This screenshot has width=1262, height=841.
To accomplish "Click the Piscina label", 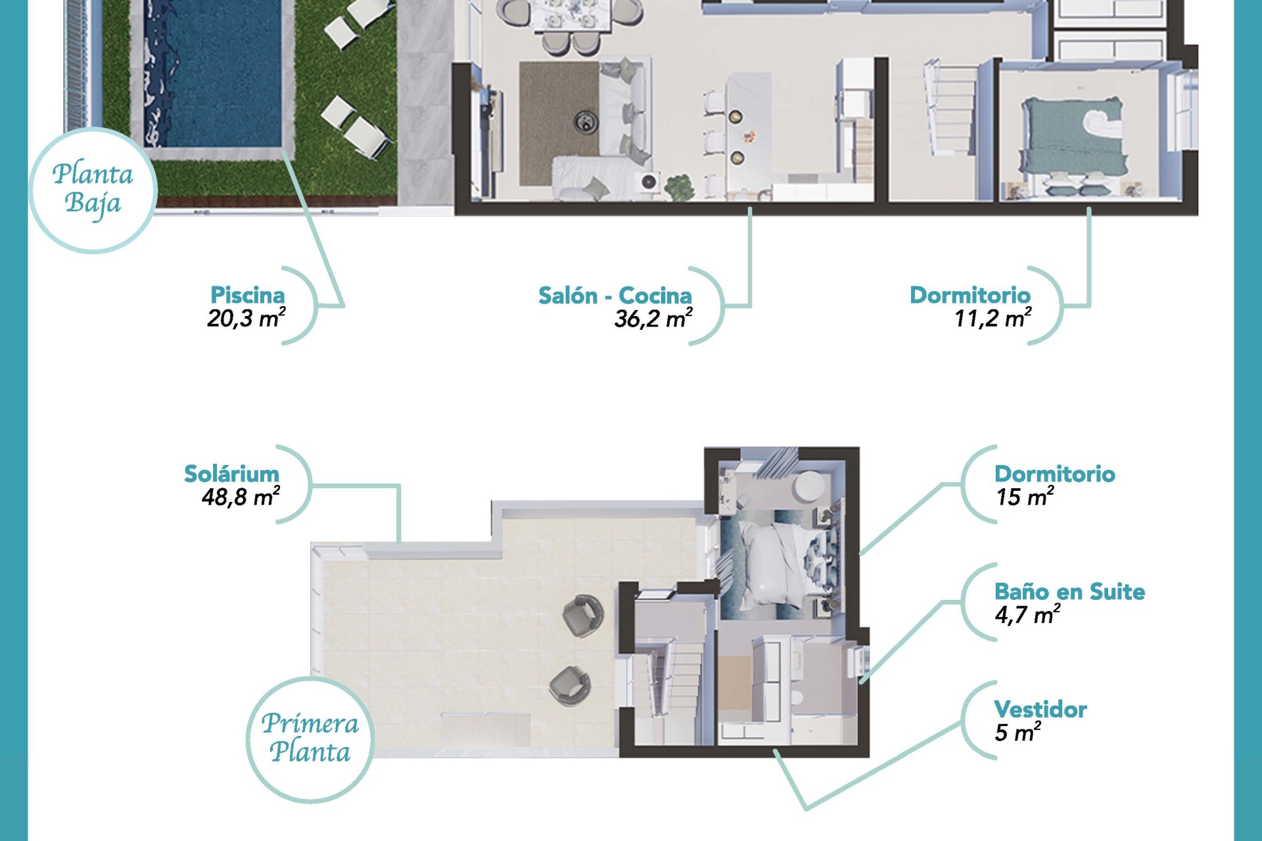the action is coord(248,295).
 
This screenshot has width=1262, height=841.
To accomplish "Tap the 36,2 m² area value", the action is coord(653,319).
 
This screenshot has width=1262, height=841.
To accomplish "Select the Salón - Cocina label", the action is coord(615,296).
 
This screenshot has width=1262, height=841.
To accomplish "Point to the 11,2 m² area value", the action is coord(993,319).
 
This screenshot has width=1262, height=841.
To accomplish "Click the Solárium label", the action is coord(231,474).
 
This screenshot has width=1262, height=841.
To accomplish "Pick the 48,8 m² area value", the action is coord(241,497).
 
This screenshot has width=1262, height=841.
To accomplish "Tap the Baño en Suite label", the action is coord(1069,591).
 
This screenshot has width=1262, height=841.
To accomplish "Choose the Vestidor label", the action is coord(1040,709).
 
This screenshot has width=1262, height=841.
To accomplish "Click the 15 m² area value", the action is coord(1025,497).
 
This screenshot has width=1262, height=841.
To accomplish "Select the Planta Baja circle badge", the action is coord(93,189).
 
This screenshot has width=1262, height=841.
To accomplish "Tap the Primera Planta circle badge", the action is coord(310,739).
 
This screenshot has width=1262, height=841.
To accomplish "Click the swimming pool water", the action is coord(213,72).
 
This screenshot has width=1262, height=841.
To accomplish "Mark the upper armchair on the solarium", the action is coord(583,616).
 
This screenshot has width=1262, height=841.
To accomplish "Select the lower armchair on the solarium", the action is coord(569,685).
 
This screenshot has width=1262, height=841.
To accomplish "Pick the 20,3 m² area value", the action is coord(246,319).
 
